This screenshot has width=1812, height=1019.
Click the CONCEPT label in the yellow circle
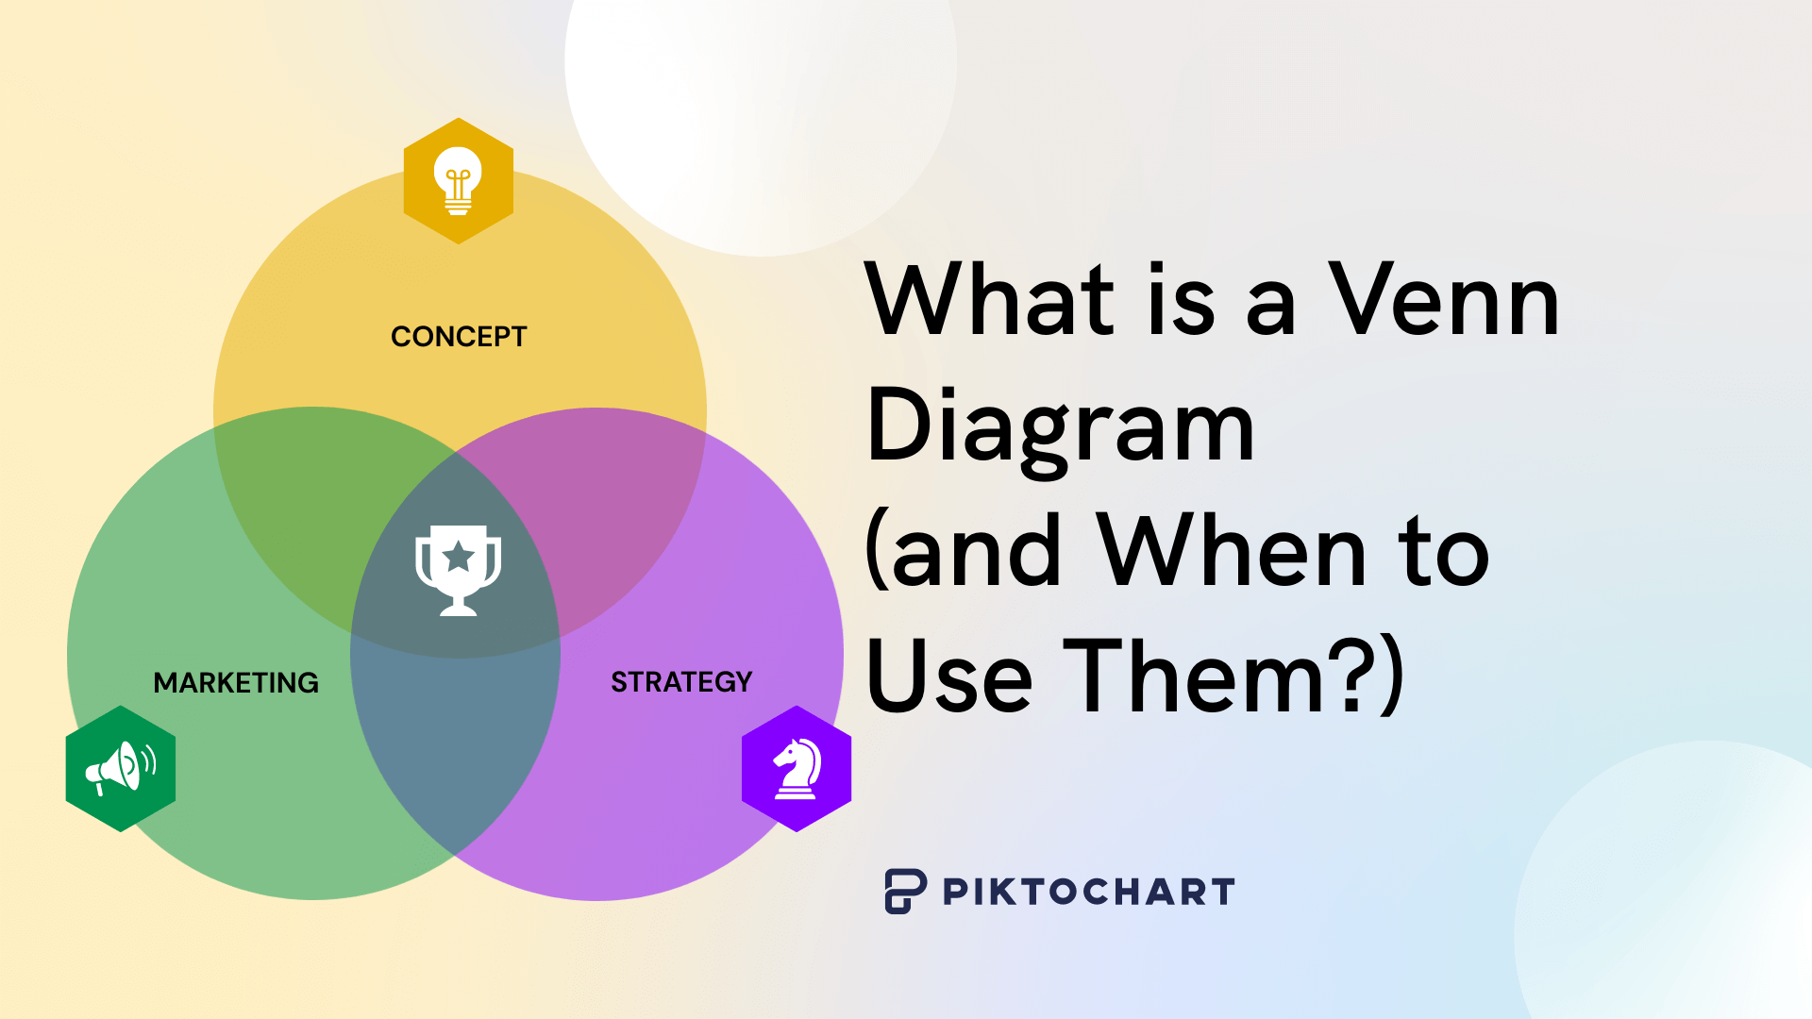tap(459, 337)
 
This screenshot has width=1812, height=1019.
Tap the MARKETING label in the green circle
tap(236, 682)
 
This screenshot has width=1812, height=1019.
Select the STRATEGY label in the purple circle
tap(681, 681)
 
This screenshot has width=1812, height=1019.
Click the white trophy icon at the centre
tap(459, 571)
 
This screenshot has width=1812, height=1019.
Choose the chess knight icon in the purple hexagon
tap(797, 769)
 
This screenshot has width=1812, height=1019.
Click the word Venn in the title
tap(1444, 300)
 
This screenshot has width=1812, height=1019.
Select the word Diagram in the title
tap(1060, 429)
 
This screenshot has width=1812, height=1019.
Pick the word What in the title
tap(991, 300)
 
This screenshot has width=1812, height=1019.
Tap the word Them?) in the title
tap(1233, 675)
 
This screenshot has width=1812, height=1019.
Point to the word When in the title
tap(1232, 551)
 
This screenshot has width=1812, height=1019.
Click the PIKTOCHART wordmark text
tap(1088, 892)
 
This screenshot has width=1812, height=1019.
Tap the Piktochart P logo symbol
tap(905, 891)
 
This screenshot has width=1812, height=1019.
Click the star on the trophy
tap(459, 557)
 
